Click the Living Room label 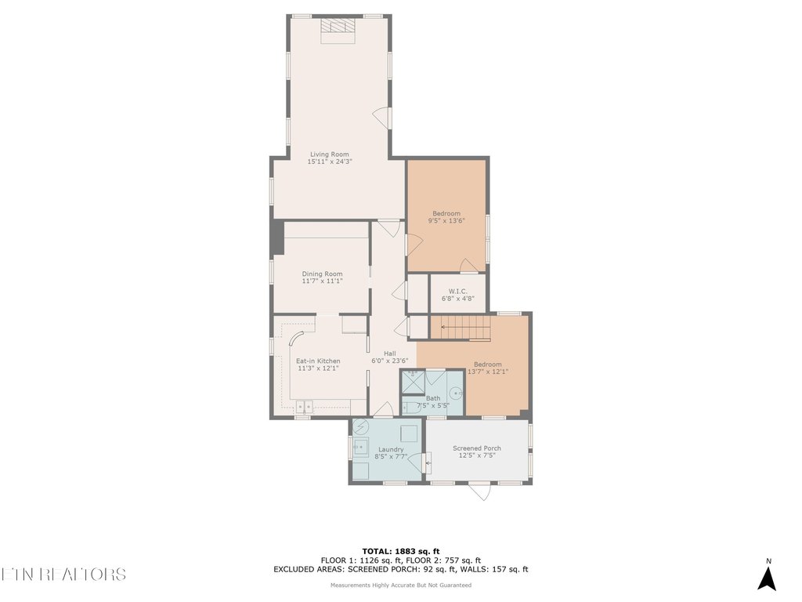[329, 154]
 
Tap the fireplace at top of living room [338, 26]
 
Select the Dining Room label [322, 274]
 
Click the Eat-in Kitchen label [318, 361]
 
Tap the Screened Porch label [477, 448]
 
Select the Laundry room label [389, 449]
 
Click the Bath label [432, 398]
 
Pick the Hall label [390, 354]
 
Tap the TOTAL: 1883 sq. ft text [400, 551]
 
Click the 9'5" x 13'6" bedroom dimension [446, 221]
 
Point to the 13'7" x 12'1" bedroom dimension [488, 372]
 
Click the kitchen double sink [305, 405]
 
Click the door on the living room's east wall [381, 118]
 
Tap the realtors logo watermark [63, 574]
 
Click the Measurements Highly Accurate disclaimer [400, 585]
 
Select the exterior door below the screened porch [479, 491]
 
